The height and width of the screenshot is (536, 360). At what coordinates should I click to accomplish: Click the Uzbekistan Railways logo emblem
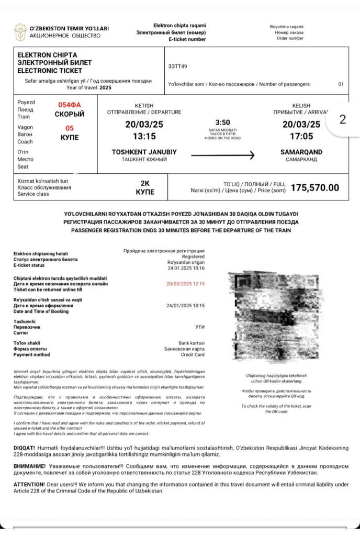[20, 32]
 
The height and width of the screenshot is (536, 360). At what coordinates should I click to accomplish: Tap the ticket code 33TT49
[177, 66]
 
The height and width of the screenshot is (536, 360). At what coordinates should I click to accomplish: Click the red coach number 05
[70, 128]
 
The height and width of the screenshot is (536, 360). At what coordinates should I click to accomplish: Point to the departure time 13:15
[145, 136]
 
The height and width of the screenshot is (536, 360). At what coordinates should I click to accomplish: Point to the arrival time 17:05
[301, 136]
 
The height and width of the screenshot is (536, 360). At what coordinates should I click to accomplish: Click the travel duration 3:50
[222, 122]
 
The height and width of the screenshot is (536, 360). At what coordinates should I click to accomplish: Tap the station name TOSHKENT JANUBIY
[144, 152]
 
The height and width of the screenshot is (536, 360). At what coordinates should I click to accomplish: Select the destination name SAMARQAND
[301, 152]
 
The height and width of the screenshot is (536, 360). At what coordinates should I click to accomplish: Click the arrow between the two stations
[222, 155]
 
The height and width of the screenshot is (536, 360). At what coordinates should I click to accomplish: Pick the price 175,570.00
[315, 187]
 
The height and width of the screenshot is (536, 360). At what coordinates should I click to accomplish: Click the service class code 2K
[145, 184]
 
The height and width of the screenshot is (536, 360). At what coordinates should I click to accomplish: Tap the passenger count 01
[341, 84]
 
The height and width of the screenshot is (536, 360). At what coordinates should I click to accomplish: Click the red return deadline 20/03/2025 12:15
[185, 284]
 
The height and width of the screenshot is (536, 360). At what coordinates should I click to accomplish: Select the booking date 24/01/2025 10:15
[185, 305]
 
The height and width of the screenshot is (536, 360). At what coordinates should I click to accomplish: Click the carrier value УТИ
[200, 327]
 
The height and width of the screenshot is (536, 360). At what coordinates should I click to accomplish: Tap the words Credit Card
[193, 355]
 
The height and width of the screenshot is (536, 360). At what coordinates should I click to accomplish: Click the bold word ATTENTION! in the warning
[29, 485]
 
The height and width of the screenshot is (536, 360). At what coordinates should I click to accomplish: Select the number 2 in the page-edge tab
[343, 119]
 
